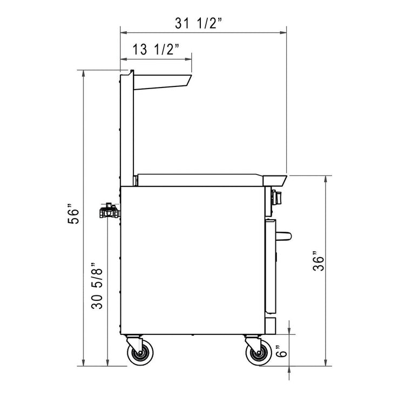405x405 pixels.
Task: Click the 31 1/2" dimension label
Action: (x=199, y=23)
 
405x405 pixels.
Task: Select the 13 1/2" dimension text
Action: (x=156, y=50)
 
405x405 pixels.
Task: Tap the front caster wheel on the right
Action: (x=258, y=354)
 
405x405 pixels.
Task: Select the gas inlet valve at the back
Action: (x=109, y=211)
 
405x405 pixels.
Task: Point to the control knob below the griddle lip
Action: (x=278, y=198)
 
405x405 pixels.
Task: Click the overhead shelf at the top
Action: (x=162, y=80)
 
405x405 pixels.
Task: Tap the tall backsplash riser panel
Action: (x=126, y=130)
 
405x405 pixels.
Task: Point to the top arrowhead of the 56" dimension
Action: (x=83, y=73)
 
